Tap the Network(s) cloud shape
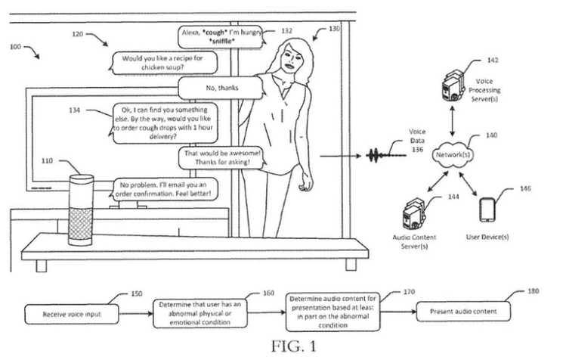click(x=452, y=155)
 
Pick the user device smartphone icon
click(x=487, y=209)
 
